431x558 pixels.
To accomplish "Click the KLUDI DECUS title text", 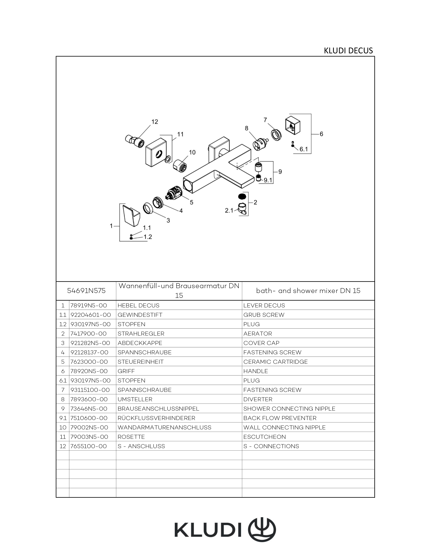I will pos(348,51).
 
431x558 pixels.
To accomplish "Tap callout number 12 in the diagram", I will pos(155,122).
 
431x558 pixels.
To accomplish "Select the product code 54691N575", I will pos(86,291).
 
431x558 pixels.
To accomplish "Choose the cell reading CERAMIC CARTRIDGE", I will pos(275,362).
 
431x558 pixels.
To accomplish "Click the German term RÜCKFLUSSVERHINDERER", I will pos(156,418).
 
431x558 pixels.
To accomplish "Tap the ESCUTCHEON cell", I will pos(264,437).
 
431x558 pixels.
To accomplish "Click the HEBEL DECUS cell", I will pos(138,305).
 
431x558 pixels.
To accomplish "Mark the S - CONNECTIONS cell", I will pos(271,446).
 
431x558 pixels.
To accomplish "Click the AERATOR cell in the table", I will pos(257,334).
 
